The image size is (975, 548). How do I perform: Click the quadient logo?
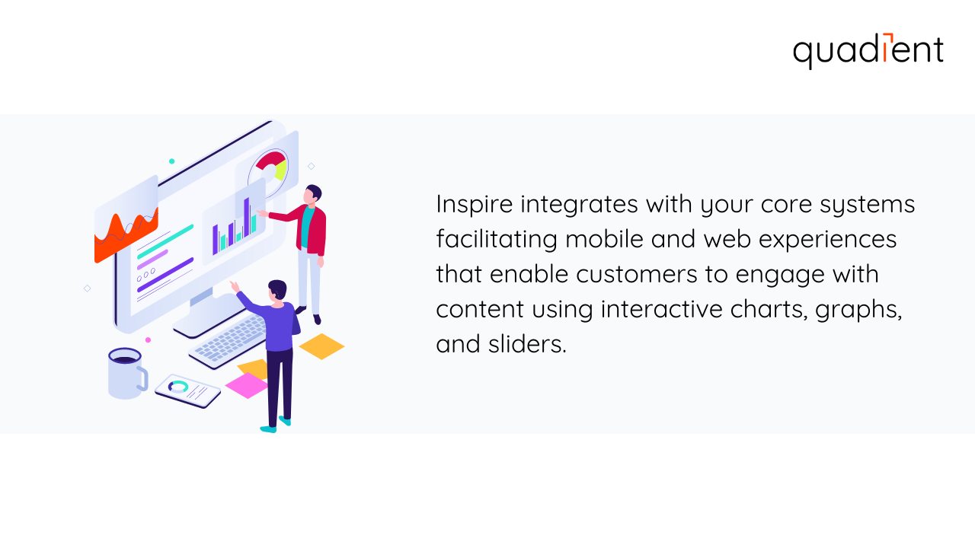868,51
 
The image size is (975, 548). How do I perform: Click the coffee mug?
126,373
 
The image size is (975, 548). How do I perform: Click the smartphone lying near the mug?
187,390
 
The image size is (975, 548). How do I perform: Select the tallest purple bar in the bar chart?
247,216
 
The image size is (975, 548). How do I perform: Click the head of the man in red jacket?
313,194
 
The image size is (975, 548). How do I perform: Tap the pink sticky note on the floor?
246,385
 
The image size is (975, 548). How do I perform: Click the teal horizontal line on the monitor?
165,241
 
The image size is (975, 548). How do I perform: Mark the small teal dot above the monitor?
171,161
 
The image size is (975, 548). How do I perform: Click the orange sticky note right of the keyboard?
321,346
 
